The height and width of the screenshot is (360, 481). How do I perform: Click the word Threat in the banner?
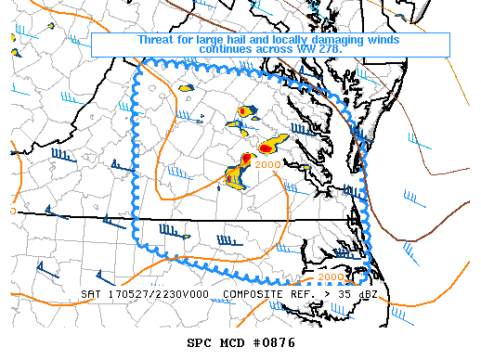[157, 40]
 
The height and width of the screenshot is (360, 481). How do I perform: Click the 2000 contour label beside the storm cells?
[266, 165]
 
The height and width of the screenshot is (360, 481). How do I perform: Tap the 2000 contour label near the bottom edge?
[331, 276]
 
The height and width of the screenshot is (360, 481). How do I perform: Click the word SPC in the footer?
[200, 342]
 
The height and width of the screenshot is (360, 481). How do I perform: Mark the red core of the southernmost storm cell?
[232, 174]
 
